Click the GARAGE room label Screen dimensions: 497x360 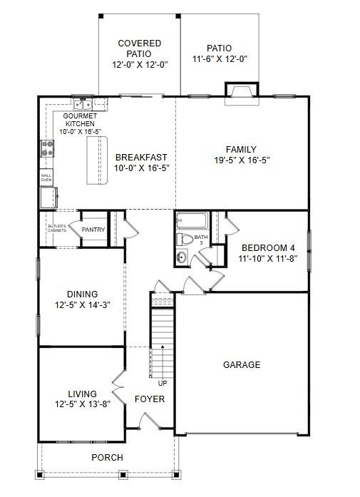242,364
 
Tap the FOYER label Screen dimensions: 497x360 150,399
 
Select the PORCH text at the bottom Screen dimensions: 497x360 107,457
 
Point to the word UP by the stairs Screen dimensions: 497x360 163,384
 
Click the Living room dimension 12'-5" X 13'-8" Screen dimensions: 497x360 82,405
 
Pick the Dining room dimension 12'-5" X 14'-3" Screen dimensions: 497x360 82,305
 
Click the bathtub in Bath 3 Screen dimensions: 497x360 190,221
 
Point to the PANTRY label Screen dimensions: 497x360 93,230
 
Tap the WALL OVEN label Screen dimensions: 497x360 46,177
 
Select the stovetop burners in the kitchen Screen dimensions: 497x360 48,148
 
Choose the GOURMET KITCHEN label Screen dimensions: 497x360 81,123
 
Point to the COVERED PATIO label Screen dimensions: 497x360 139,48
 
